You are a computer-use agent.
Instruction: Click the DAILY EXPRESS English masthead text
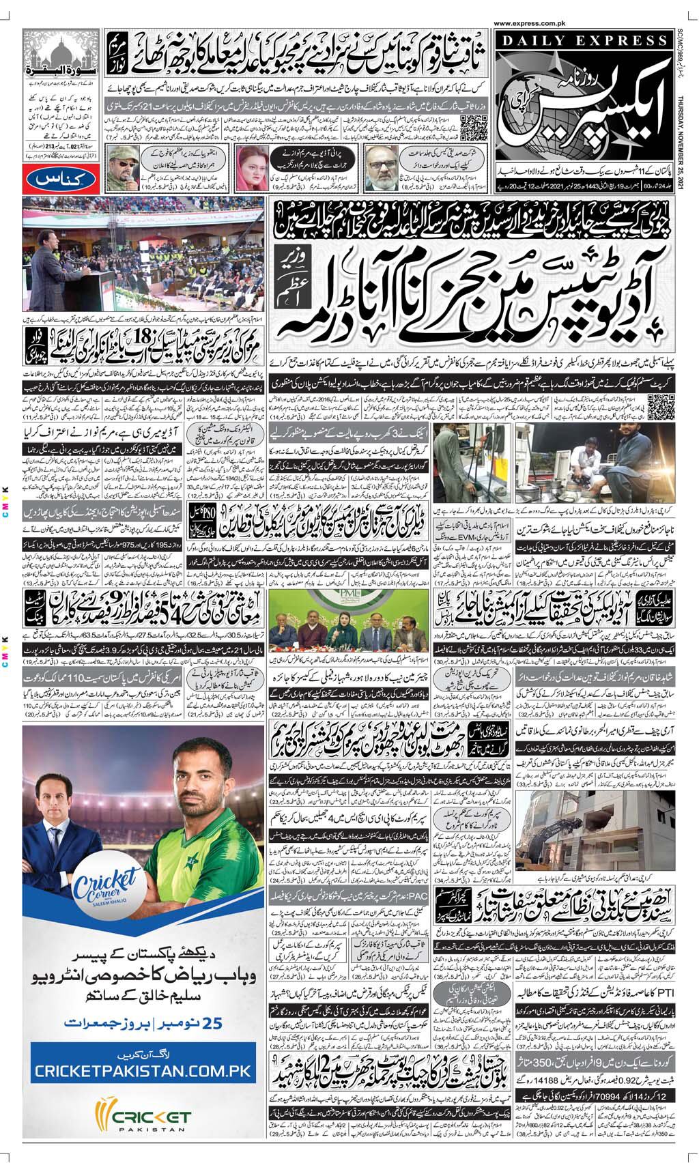pos(584,42)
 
